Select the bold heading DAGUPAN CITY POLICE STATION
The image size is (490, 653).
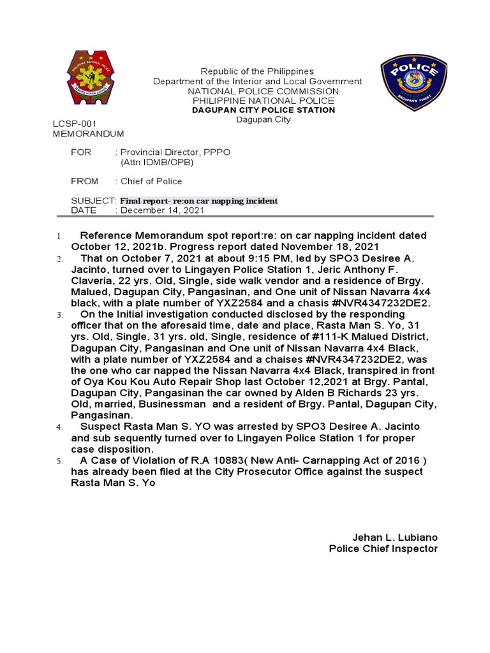tap(264, 110)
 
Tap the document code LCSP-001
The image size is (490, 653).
tap(73, 123)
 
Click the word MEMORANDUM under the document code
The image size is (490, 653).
tap(87, 134)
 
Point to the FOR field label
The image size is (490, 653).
tap(81, 152)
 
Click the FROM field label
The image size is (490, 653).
tap(85, 181)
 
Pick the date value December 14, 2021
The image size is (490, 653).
tap(162, 210)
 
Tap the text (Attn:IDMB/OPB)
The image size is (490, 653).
tap(157, 163)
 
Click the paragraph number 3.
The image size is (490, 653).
tap(59, 316)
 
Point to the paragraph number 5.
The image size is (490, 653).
tap(59, 461)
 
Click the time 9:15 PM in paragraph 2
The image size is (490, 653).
tap(211, 258)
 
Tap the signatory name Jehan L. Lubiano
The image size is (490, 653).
tap(395, 538)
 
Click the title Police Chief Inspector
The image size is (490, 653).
tap(383, 548)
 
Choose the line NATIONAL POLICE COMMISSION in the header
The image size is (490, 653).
tap(264, 91)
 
